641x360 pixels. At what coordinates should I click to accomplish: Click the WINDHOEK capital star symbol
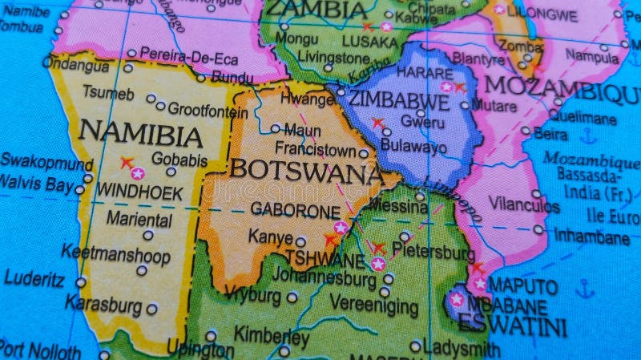pos(138,173)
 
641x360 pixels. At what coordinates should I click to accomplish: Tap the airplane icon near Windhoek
pos(127,163)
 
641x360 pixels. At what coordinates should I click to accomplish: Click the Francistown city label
pos(315,148)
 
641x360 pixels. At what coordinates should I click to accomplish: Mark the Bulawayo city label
pos(413,147)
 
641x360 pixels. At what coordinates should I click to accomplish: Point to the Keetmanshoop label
pos(116,256)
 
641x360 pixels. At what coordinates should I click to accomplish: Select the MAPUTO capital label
pos(522,286)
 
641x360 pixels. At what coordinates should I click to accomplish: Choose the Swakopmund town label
pos(46,163)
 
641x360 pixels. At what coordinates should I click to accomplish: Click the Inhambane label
pos(591,237)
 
